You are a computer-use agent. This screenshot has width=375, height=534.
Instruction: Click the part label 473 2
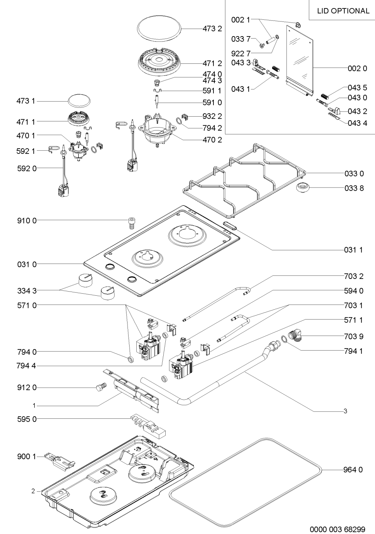coord(212,29)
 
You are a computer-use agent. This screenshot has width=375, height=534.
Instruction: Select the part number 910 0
coord(26,220)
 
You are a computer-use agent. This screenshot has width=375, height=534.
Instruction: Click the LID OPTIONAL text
coord(343,11)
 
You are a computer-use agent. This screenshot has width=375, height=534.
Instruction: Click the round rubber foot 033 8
coord(302,188)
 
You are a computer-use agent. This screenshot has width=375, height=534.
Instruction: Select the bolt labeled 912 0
coord(101,388)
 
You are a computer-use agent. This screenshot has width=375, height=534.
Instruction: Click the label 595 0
coord(26,419)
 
